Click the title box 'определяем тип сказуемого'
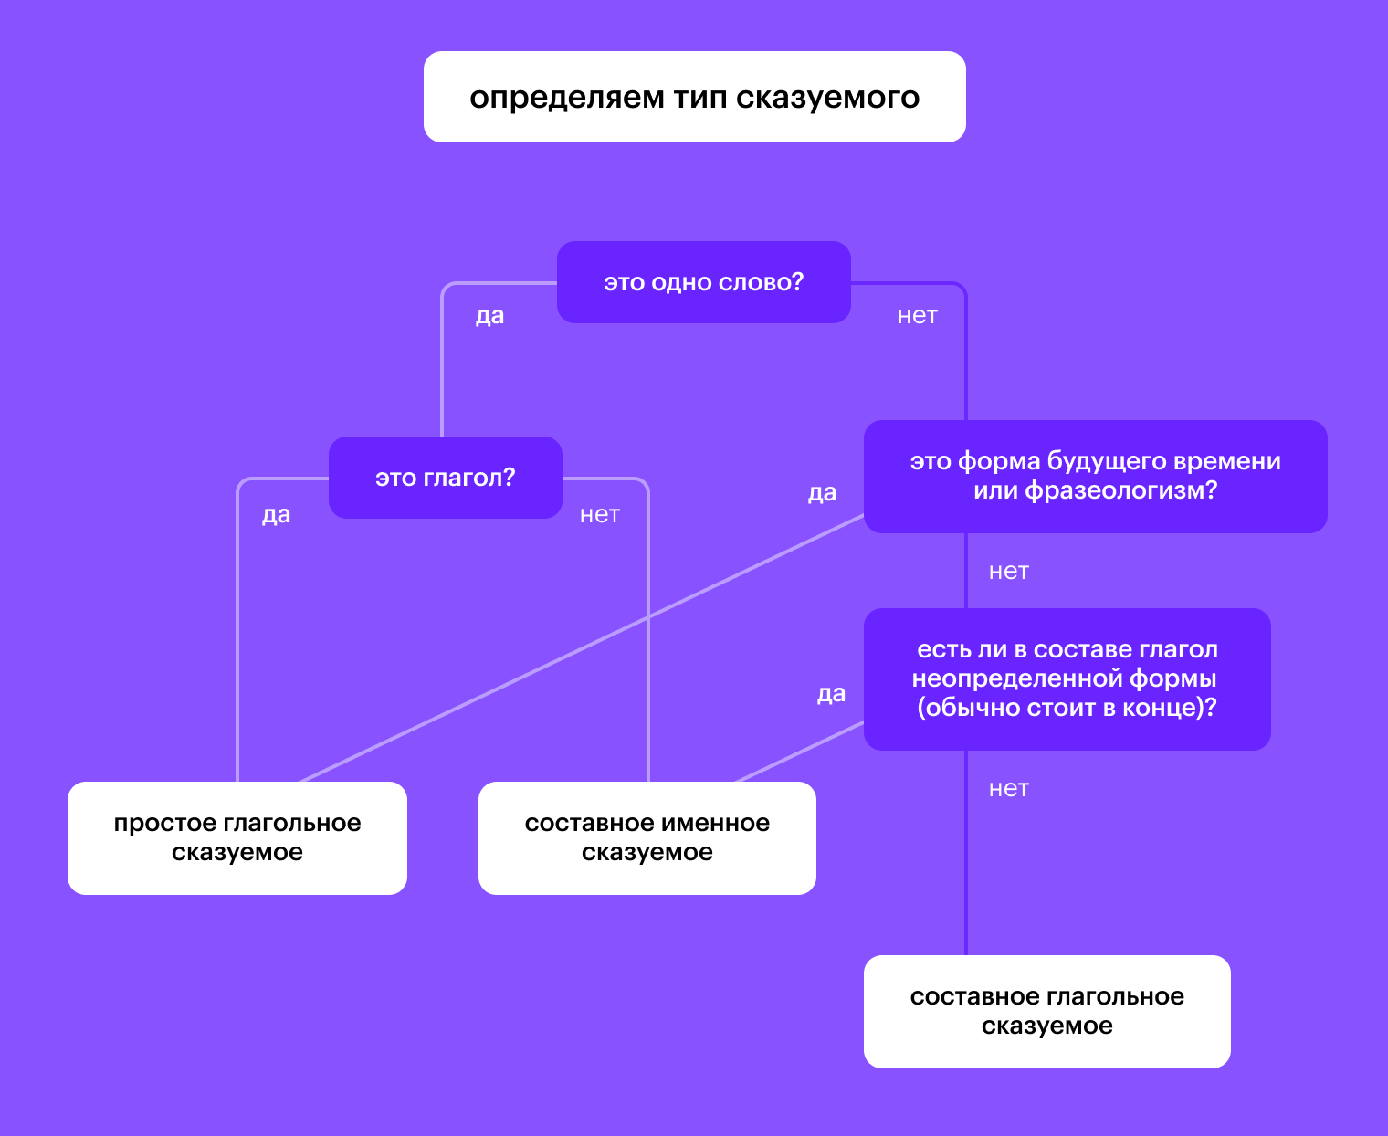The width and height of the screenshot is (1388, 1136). tap(694, 97)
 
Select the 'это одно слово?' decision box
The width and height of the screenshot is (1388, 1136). tap(703, 282)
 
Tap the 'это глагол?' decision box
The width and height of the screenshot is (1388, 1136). tap(445, 478)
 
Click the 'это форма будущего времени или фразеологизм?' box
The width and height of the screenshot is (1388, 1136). tap(1095, 476)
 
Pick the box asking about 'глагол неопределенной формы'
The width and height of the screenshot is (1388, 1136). tap(1067, 678)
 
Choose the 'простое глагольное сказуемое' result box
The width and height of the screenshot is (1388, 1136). tap(237, 837)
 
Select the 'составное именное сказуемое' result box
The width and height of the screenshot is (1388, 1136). tap(647, 837)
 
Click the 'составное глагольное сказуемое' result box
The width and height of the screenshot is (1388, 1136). tap(1046, 1011)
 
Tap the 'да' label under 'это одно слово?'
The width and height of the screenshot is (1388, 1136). tap(489, 316)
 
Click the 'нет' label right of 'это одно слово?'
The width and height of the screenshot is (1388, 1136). tap(917, 316)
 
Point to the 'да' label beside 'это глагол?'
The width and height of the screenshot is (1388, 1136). tap(276, 515)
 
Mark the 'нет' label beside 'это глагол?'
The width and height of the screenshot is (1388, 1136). tap(599, 515)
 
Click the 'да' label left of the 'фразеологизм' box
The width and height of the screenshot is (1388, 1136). tap(822, 493)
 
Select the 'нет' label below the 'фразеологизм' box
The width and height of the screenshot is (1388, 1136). tap(1008, 572)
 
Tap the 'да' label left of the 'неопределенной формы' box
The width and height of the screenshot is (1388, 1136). tap(831, 694)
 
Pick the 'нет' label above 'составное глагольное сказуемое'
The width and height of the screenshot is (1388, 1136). tap(1008, 789)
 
